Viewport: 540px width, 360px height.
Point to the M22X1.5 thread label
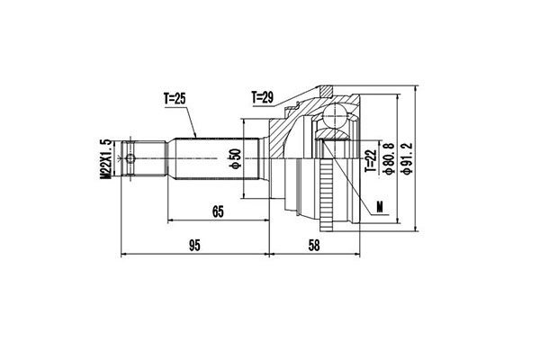pyautogui.click(x=105, y=160)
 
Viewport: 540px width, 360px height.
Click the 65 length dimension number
pyautogui.click(x=217, y=212)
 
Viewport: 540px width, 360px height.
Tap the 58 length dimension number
pyautogui.click(x=313, y=245)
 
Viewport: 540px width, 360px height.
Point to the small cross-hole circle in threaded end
pyautogui.click(x=132, y=160)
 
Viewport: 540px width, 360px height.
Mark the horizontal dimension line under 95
pyautogui.click(x=193, y=254)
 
